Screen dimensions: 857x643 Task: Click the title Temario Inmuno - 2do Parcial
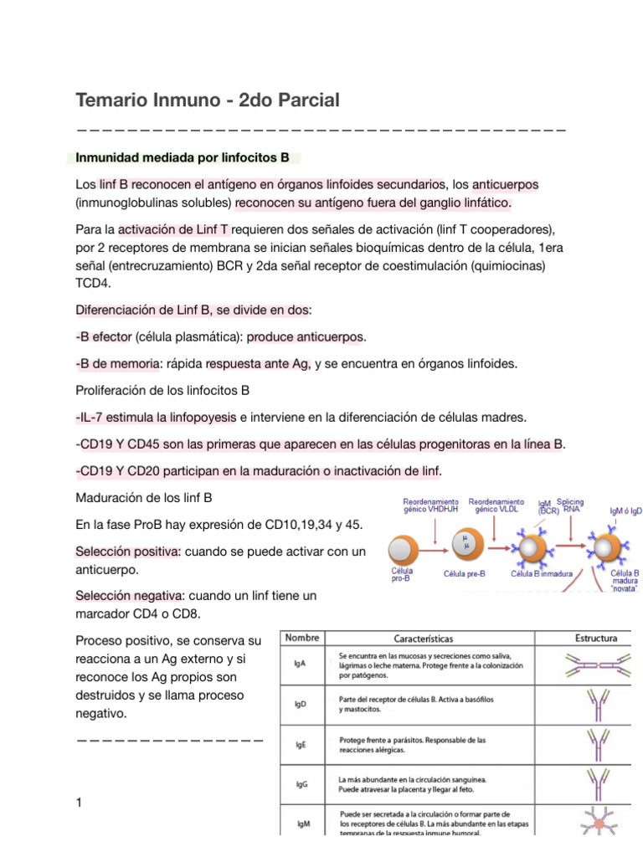[208, 100]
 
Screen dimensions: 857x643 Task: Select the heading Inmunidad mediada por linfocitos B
[183, 157]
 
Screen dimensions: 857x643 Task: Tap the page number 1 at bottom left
[79, 803]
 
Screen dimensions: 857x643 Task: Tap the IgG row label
[302, 784]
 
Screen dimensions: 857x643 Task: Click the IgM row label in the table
[304, 824]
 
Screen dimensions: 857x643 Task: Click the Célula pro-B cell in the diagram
[402, 549]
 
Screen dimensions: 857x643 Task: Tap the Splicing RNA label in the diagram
[570, 507]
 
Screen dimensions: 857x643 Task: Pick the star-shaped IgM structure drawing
[599, 824]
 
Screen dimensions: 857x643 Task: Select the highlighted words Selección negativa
[129, 595]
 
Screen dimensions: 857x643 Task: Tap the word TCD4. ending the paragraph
[98, 284]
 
